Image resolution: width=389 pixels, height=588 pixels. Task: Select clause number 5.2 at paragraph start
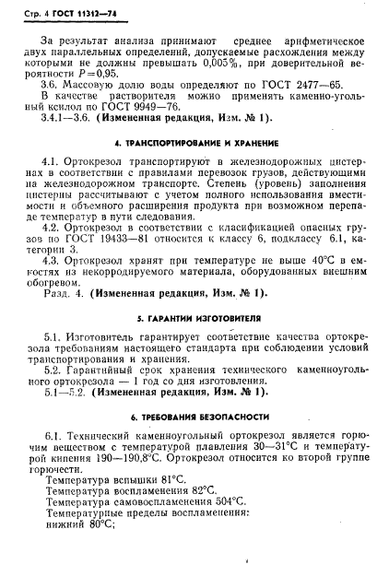(x=52, y=393)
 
